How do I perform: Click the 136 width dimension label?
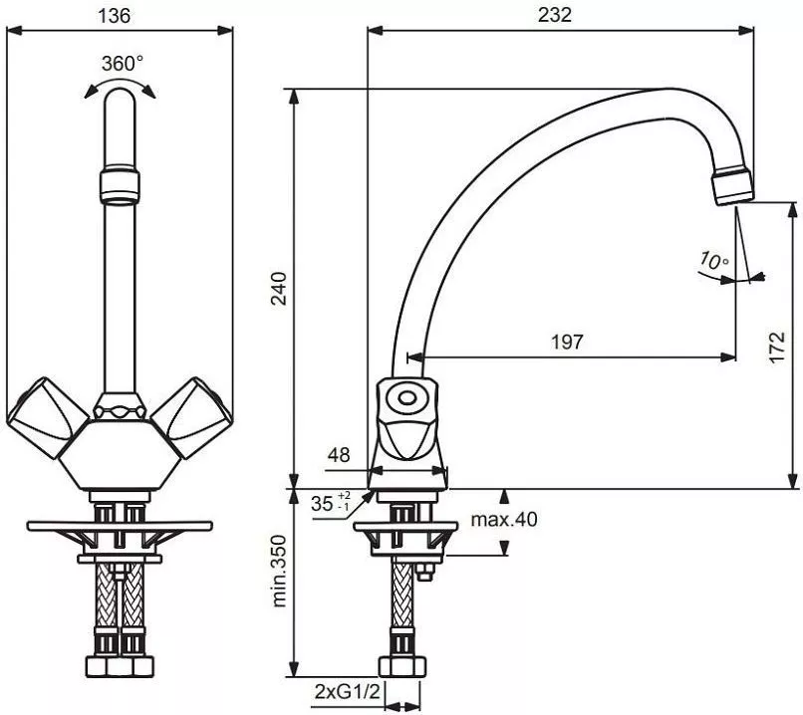point(115,15)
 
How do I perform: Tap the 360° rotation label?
point(123,64)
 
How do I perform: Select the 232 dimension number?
point(555,15)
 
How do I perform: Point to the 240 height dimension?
point(279,289)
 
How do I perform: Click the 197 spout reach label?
point(568,342)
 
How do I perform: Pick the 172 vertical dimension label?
point(777,348)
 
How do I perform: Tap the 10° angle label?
point(714,260)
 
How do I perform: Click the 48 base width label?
point(339,454)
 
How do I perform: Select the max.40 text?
point(504,520)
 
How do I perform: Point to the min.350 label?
point(279,572)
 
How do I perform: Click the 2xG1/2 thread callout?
point(348,692)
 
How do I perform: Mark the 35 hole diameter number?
point(322,504)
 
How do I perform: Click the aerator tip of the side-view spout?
point(733,187)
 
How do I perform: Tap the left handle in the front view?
point(47,417)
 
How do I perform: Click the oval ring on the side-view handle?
point(407,398)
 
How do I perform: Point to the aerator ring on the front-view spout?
point(120,185)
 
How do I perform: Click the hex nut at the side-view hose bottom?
point(402,666)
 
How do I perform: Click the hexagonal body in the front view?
point(120,454)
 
